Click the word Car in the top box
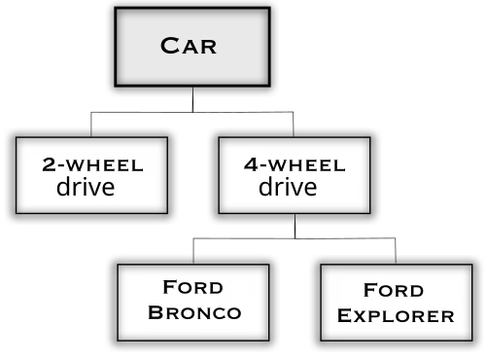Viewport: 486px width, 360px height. [x=189, y=46]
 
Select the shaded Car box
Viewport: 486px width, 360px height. [x=192, y=47]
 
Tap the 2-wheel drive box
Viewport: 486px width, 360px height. [x=91, y=175]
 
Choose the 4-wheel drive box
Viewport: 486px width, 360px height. [x=295, y=175]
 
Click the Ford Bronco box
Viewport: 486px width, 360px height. [x=193, y=303]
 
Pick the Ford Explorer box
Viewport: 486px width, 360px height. [x=397, y=303]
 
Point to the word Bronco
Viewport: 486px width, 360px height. [x=194, y=312]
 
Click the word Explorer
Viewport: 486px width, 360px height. [x=396, y=315]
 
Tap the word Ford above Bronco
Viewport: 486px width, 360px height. [x=193, y=287]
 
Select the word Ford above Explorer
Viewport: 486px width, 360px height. [x=394, y=290]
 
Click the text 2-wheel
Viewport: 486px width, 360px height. [x=92, y=164]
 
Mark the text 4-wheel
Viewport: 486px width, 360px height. [x=295, y=164]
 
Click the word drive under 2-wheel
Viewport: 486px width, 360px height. [x=86, y=186]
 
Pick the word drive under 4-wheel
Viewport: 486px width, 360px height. [x=288, y=186]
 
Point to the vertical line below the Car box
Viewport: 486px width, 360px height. [x=193, y=99]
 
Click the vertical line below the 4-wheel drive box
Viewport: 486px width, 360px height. [x=295, y=226]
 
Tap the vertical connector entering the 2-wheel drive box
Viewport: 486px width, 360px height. [x=91, y=125]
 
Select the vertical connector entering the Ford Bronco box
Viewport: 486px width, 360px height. [x=193, y=251]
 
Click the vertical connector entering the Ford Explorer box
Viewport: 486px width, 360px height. [x=396, y=251]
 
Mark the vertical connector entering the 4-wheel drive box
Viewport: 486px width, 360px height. [x=294, y=125]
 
